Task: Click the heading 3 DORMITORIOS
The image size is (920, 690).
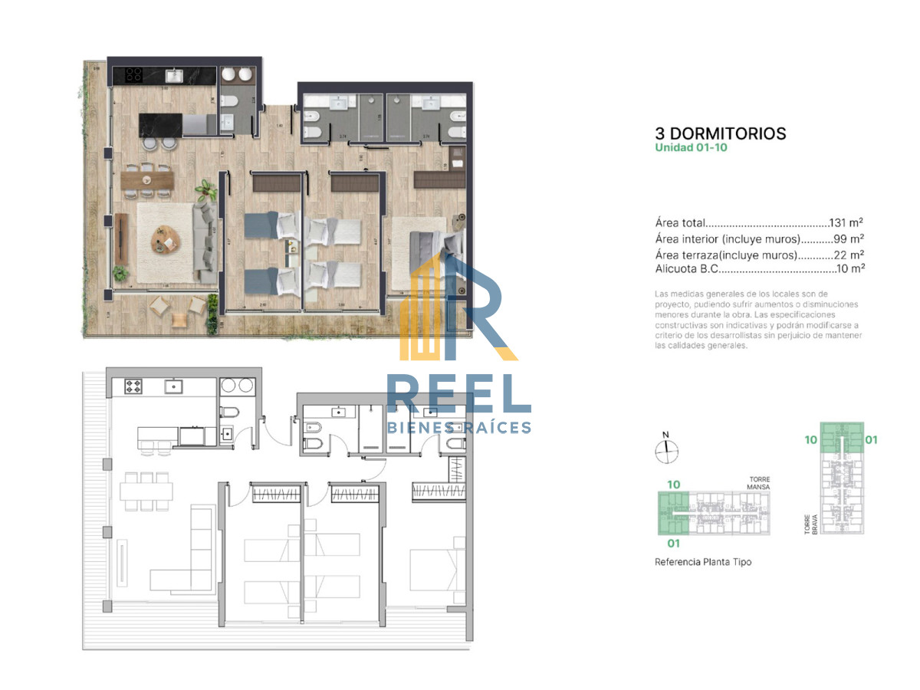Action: (721, 133)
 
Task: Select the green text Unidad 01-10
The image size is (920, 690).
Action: (691, 147)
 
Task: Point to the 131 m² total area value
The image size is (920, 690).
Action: (846, 224)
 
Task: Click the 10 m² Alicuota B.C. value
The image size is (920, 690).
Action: (851, 269)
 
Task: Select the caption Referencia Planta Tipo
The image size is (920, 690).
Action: (703, 562)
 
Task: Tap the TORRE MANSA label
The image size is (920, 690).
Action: (759, 482)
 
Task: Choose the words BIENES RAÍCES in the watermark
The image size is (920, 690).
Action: (458, 427)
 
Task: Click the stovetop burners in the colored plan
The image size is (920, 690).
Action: (133, 75)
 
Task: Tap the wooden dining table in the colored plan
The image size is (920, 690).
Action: (147, 179)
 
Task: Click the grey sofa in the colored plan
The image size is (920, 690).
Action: (205, 240)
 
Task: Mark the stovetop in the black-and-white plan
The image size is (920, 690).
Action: (133, 386)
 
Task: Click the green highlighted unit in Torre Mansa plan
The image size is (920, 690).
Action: (674, 513)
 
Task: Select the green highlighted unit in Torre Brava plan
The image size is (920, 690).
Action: (842, 439)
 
